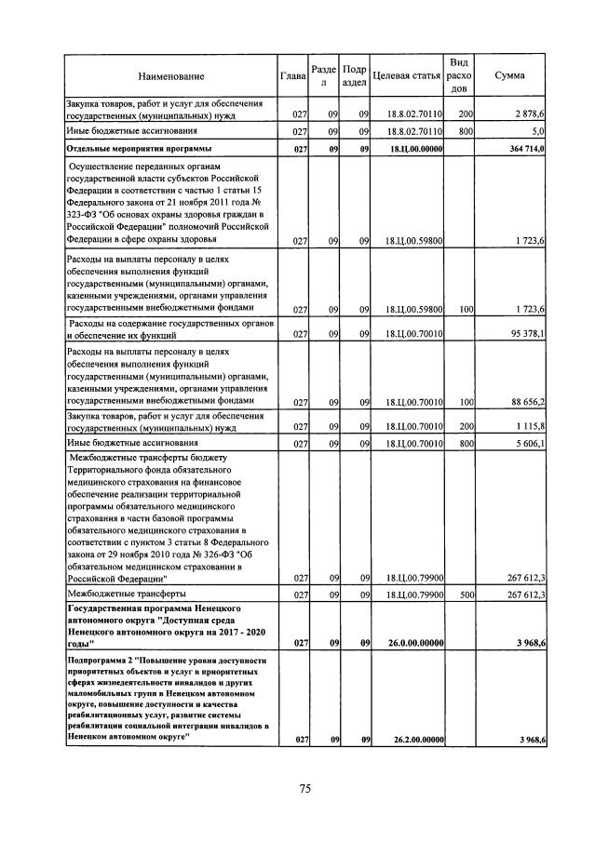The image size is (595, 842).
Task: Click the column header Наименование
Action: click(170, 75)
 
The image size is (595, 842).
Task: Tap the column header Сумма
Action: click(509, 75)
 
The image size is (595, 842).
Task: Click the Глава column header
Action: click(293, 75)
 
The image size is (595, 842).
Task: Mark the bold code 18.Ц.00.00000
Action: click(413, 149)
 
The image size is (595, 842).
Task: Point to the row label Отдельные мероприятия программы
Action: click(139, 149)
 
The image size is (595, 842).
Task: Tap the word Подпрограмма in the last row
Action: click(96, 661)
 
